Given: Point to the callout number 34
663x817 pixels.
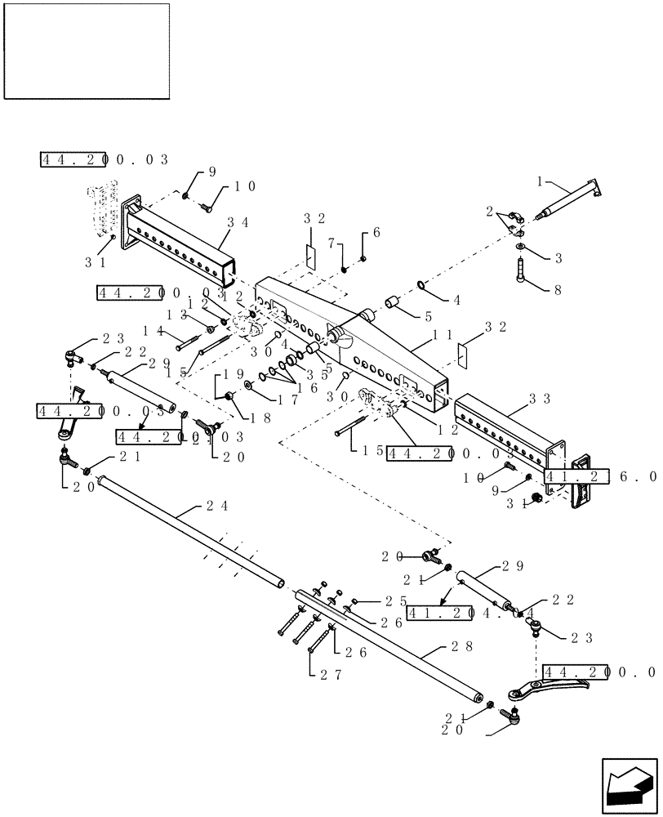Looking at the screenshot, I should coord(238,221).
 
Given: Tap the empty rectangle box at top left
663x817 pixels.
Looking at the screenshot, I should coord(87,51).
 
